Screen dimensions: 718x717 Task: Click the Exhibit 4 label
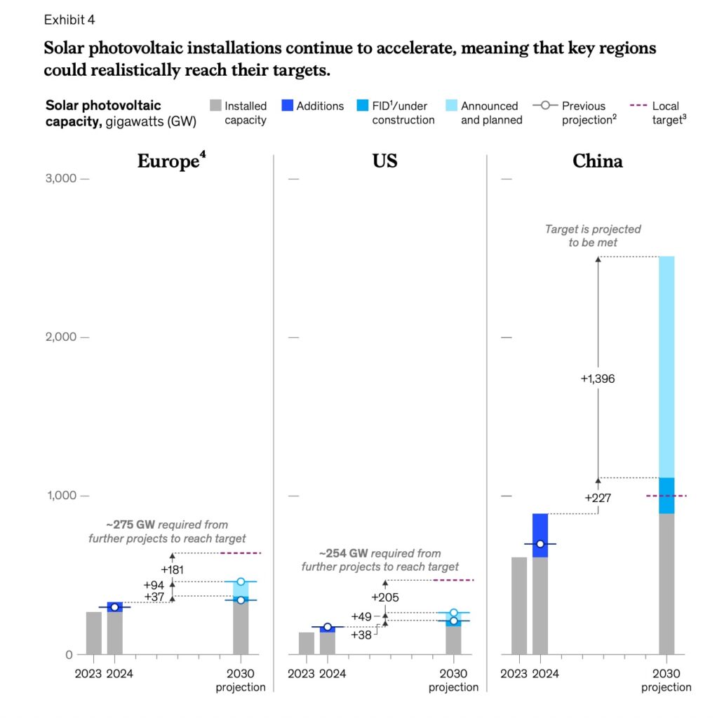[71, 19]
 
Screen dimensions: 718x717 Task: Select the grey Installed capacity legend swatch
[215, 106]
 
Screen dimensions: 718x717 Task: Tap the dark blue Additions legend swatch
[286, 106]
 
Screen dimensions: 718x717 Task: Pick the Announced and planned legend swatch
[451, 106]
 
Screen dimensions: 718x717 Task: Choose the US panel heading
[385, 161]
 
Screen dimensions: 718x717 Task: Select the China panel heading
[597, 161]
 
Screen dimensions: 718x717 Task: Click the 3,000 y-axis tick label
[61, 179]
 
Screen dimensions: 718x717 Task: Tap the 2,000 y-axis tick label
[61, 337]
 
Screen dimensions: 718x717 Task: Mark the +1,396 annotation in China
[598, 379]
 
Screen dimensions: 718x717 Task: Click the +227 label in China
[598, 498]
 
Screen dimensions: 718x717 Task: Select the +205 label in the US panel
[384, 597]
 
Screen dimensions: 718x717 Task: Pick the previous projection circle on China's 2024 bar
[540, 544]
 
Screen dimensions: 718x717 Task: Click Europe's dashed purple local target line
[241, 553]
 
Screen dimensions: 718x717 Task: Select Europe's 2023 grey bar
[94, 633]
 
